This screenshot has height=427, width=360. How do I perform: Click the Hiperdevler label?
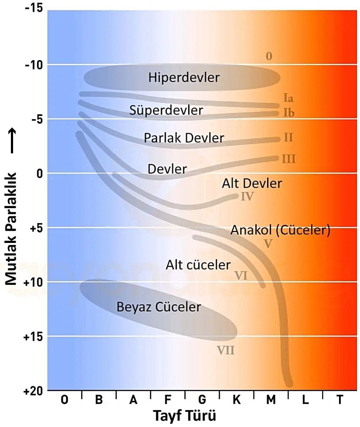click(184, 78)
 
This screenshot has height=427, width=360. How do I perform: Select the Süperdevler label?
click(166, 110)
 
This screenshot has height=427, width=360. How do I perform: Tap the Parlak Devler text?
click(184, 138)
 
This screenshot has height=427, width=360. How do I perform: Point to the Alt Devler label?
click(252, 183)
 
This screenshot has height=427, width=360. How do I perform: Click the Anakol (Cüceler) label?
click(280, 230)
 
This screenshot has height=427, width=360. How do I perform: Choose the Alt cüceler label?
click(198, 265)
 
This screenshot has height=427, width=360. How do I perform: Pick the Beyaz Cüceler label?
click(159, 307)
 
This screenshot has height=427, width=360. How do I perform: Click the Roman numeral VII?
click(226, 349)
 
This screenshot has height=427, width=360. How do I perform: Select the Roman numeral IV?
click(247, 196)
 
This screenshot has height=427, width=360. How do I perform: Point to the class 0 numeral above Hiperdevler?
click(269, 56)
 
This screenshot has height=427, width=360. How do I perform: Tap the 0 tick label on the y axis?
click(39, 173)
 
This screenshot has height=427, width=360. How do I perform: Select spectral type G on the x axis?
click(202, 400)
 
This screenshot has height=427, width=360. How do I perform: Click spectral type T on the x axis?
click(339, 400)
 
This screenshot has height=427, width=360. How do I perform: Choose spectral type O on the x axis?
click(64, 400)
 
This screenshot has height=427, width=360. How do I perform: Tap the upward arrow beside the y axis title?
click(12, 141)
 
